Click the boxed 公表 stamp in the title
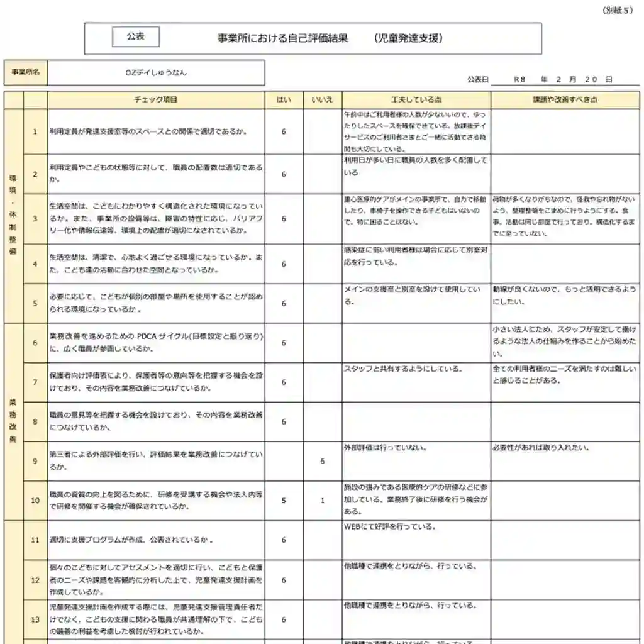pos(135,37)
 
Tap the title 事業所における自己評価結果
pos(283,38)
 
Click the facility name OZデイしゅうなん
pos(156,72)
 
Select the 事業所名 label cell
pos(26,72)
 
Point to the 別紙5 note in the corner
pos(618,10)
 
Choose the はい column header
pos(284,100)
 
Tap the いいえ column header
pos(322,100)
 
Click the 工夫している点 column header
pos(416,100)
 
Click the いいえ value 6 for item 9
pos(322,461)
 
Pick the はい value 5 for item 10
pos(284,501)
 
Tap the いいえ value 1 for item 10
pos(322,501)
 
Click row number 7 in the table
pos(35,382)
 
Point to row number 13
pos(35,619)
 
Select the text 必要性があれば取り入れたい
pos(541,448)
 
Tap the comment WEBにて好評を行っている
pos(390,527)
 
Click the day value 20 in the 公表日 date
pos(590,80)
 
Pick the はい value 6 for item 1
pos(284,131)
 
